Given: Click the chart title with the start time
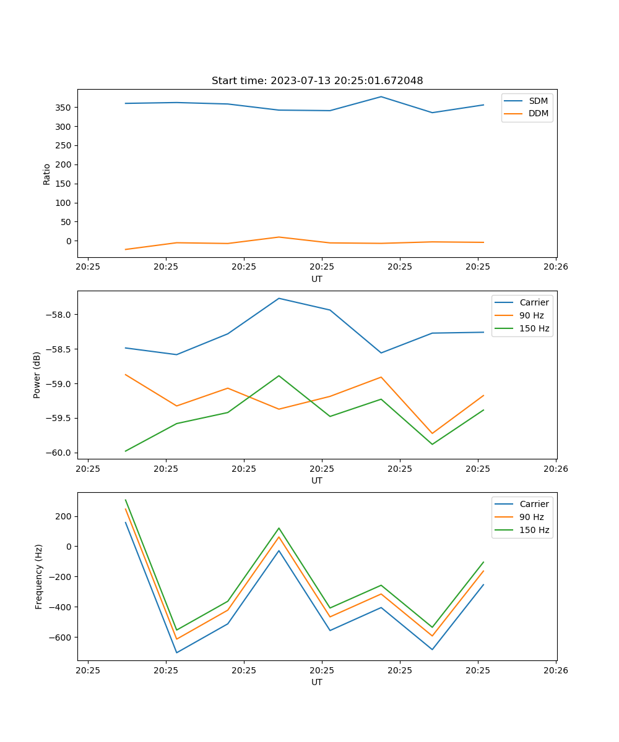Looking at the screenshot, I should [317, 81].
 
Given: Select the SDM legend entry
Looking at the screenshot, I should [538, 101].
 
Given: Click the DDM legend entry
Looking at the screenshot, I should [538, 113].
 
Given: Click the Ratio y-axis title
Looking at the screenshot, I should [47, 174].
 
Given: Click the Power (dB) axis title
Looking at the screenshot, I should [37, 375].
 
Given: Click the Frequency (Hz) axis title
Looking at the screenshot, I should [38, 576].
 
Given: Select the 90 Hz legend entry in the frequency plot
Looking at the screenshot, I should [531, 517].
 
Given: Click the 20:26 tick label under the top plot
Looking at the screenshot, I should [556, 268].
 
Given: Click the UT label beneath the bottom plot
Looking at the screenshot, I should [317, 682].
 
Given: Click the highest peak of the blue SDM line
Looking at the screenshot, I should [381, 96].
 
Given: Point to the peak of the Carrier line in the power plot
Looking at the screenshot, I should [279, 298].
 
